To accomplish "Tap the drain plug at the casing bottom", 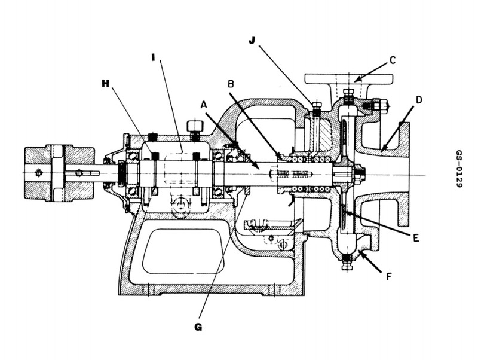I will click(x=346, y=262).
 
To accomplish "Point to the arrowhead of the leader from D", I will click(x=384, y=147).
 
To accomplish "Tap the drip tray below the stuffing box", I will click(x=269, y=226).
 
